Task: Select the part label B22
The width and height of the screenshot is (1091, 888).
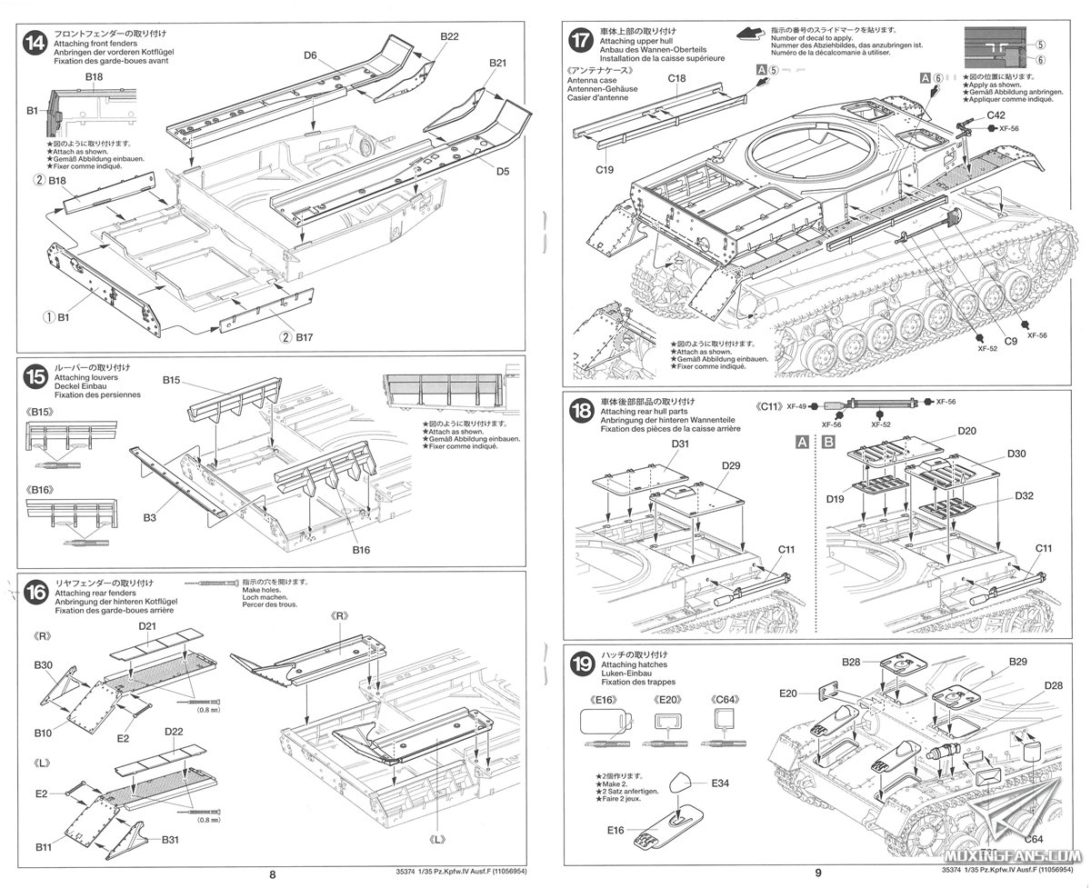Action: (449, 35)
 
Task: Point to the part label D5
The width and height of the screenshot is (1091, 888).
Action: (504, 171)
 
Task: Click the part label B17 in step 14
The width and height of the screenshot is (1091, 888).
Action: (305, 337)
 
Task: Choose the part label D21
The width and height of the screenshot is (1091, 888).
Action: (149, 627)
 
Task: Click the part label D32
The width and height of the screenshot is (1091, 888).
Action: (1025, 496)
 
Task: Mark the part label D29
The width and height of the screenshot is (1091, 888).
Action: (731, 465)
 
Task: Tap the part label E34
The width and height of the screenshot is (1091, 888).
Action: (722, 783)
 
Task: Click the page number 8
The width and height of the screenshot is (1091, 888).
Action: (273, 876)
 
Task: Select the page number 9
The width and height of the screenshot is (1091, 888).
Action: (817, 876)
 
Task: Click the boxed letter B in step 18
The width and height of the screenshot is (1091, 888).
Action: (828, 443)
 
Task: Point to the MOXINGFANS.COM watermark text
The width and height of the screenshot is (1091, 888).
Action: (1026, 857)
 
